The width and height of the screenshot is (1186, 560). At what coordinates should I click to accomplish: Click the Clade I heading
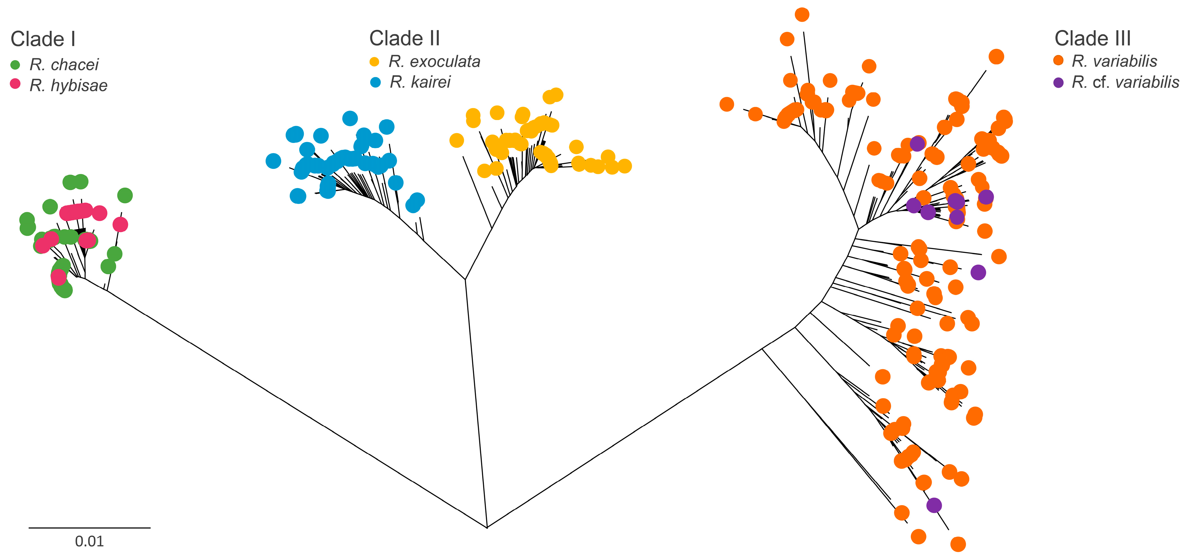pyautogui.click(x=43, y=39)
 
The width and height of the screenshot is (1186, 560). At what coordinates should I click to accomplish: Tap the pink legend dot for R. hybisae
pyautogui.click(x=15, y=84)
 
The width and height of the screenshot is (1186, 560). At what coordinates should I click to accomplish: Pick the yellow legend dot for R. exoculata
pyautogui.click(x=374, y=62)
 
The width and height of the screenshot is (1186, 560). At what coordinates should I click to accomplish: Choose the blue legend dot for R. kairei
pyautogui.click(x=375, y=83)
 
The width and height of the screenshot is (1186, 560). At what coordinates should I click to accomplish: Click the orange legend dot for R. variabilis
pyautogui.click(x=1059, y=60)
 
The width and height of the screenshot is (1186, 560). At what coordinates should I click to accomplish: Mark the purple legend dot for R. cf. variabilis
pyautogui.click(x=1059, y=83)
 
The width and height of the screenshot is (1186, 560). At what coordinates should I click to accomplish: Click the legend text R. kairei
pyautogui.click(x=420, y=82)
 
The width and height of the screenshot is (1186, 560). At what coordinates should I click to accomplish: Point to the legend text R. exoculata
pyautogui.click(x=434, y=62)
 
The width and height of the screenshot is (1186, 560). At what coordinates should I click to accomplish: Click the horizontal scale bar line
pyautogui.click(x=89, y=528)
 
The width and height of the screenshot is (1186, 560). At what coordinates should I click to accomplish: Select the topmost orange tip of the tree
pyautogui.click(x=802, y=15)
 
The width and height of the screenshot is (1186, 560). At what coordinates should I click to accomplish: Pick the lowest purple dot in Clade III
pyautogui.click(x=934, y=505)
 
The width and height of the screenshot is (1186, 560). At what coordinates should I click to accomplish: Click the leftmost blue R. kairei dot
pyautogui.click(x=273, y=161)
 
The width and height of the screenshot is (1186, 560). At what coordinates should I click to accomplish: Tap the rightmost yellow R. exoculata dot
pyautogui.click(x=624, y=166)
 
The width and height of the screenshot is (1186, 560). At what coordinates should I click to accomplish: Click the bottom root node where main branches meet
pyautogui.click(x=487, y=527)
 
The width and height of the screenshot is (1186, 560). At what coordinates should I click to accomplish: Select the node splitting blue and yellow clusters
pyautogui.click(x=465, y=279)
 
